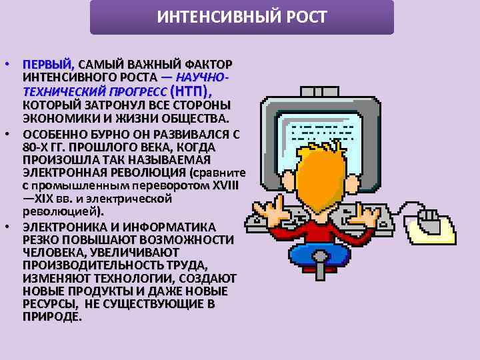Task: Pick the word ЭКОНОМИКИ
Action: [x=56, y=119]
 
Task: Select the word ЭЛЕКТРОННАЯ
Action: [x=61, y=173]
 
